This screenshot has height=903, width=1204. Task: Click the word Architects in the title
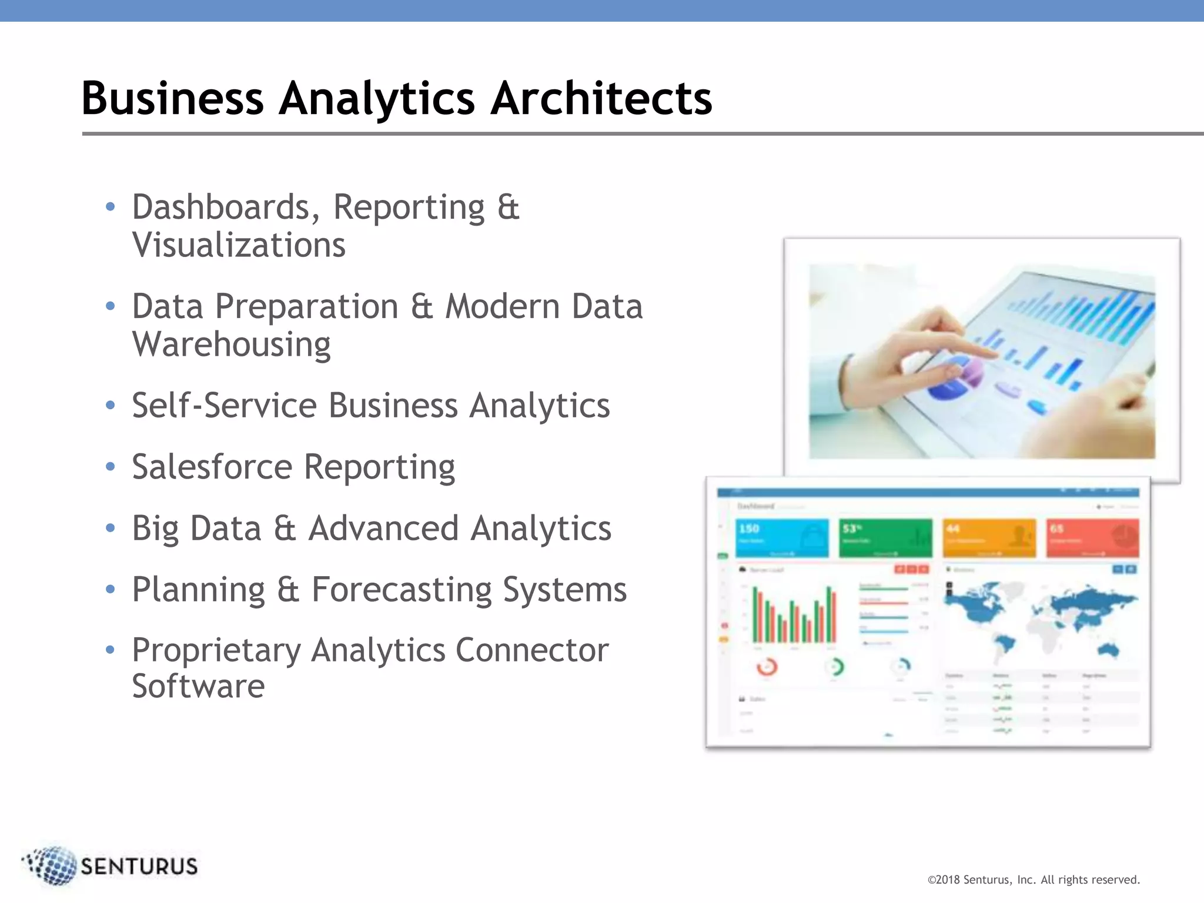(601, 99)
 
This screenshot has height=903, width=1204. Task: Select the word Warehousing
(231, 345)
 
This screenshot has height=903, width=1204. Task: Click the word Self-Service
(224, 406)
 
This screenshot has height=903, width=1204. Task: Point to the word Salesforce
(212, 467)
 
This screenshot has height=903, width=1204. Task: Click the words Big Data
(196, 529)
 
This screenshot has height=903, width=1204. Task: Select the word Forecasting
(401, 590)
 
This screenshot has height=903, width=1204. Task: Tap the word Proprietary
(215, 651)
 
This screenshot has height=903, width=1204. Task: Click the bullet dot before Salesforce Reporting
(110, 467)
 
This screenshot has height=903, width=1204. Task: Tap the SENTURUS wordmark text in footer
(139, 867)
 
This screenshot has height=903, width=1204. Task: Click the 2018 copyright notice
(1033, 880)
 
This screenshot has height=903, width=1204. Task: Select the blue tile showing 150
(781, 537)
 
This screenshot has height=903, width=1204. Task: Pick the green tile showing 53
(885, 537)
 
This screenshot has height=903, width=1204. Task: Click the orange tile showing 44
(989, 537)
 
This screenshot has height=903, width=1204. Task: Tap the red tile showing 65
(1092, 537)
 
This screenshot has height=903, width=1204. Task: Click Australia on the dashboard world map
(1109, 650)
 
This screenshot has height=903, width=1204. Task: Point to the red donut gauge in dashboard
(767, 667)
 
